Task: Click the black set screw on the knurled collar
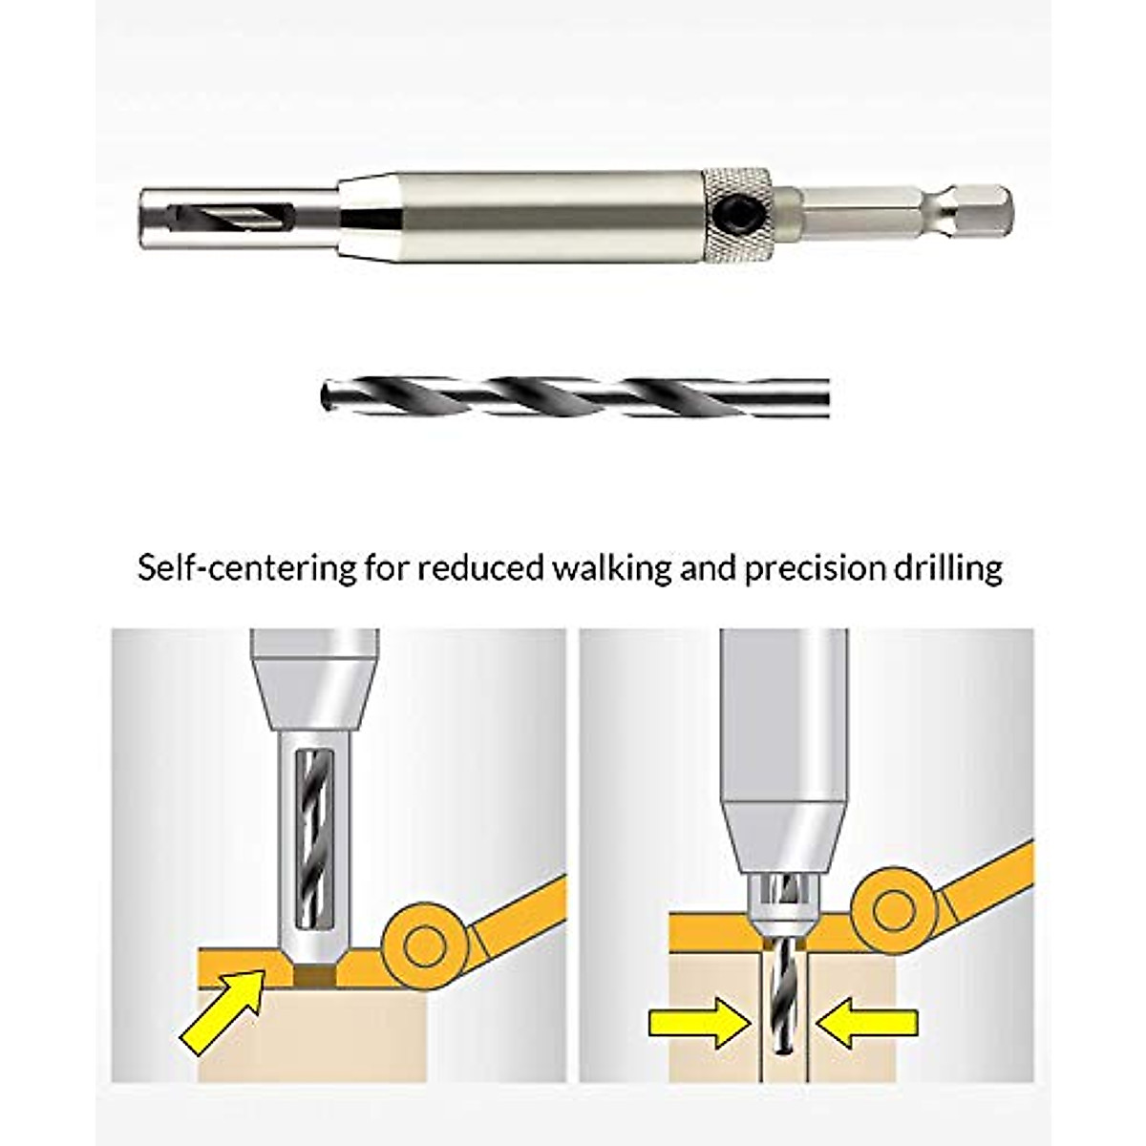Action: click(737, 209)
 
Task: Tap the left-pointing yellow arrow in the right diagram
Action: click(870, 1025)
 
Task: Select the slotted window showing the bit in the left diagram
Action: click(313, 840)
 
